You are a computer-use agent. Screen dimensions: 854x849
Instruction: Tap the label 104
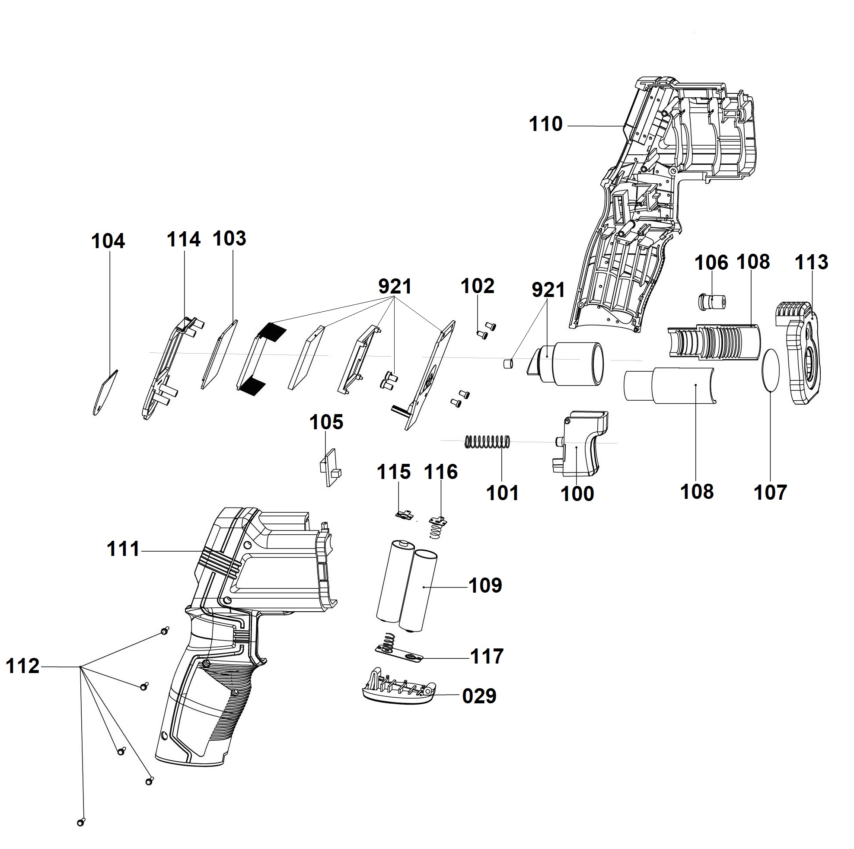[x=108, y=242]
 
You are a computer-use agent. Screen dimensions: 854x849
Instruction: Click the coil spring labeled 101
[x=488, y=441]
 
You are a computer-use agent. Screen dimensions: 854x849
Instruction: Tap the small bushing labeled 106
[x=712, y=302]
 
